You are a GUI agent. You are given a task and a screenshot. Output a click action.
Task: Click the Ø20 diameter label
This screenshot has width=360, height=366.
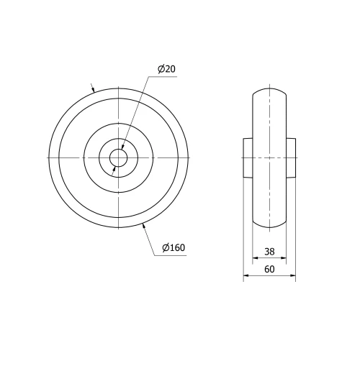click(x=166, y=69)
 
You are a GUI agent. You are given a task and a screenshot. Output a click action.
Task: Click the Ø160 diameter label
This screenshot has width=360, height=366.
click(x=174, y=248)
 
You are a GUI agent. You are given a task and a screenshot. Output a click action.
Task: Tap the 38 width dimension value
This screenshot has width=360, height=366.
click(x=269, y=252)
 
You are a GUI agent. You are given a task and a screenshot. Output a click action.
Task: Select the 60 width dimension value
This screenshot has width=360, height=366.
click(x=269, y=269)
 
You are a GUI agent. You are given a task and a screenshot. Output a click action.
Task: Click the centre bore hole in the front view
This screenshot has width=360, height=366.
click(x=118, y=157)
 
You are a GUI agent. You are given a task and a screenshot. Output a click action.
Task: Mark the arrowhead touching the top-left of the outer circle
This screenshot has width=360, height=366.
click(x=94, y=89)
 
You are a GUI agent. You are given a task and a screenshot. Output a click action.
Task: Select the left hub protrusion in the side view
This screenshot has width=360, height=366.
click(x=247, y=157)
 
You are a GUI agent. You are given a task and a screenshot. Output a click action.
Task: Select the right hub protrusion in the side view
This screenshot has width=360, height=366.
click(x=291, y=157)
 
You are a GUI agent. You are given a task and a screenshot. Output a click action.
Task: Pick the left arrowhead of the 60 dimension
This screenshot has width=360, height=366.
click(x=246, y=275)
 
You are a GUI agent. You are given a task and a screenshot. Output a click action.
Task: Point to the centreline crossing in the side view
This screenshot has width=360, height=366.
click(x=269, y=157)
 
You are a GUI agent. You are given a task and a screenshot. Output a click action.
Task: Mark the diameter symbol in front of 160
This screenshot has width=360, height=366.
click(x=166, y=248)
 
